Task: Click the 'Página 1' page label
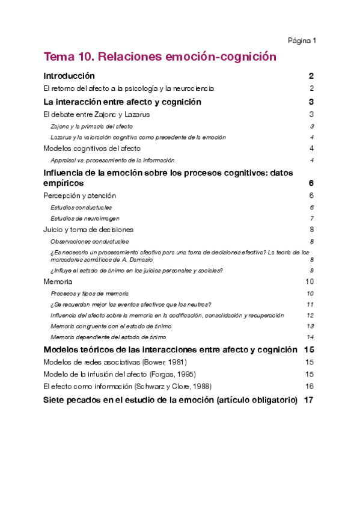pyautogui.click(x=302, y=40)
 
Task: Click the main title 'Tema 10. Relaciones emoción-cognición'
pyautogui.click(x=160, y=57)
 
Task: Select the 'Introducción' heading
pyautogui.click(x=70, y=76)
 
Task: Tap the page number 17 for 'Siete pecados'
pyautogui.click(x=310, y=400)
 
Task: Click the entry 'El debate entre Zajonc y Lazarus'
pyautogui.click(x=97, y=114)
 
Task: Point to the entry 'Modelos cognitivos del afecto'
pyautogui.click(x=93, y=149)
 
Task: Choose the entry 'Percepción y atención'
pyautogui.click(x=80, y=196)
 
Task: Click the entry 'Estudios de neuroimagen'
pyautogui.click(x=85, y=218)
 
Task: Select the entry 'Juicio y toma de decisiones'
pyautogui.click(x=88, y=229)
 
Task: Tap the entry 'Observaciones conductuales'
pyautogui.click(x=90, y=241)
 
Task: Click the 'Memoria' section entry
pyautogui.click(x=58, y=281)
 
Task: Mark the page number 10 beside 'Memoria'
pyautogui.click(x=310, y=281)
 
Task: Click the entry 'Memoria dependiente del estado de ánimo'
pyautogui.click(x=108, y=337)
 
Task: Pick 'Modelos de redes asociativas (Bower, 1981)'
pyautogui.click(x=115, y=362)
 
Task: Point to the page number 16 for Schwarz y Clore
pyautogui.click(x=310, y=386)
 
